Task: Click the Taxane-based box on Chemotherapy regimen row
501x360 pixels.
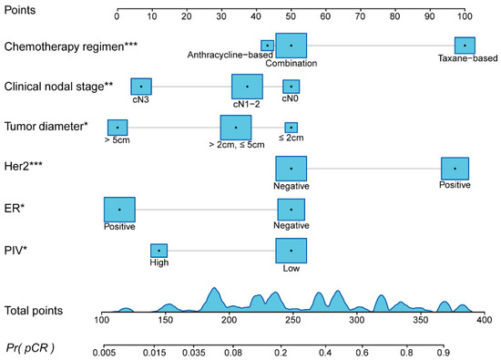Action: pos(465,46)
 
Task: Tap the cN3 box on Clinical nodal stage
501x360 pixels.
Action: pos(141,87)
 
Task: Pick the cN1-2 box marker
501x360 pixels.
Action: pos(247,87)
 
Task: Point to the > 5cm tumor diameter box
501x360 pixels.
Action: pos(118,128)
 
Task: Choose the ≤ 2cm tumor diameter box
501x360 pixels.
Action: pos(291,128)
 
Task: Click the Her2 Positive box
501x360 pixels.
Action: pos(455,169)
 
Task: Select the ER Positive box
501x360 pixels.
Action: pos(119,210)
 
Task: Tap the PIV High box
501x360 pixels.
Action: pos(158,251)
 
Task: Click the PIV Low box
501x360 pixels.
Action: pos(291,251)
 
